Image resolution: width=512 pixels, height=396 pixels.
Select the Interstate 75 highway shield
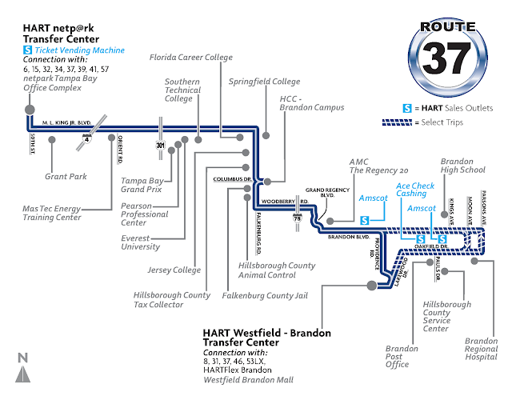298,218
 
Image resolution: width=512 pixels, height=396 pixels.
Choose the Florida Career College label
190,58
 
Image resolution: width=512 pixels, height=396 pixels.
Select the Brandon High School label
462,165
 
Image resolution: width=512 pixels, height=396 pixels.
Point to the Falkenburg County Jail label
264,295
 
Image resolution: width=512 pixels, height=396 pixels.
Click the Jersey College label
175,270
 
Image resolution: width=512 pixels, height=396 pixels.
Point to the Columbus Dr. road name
231,179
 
